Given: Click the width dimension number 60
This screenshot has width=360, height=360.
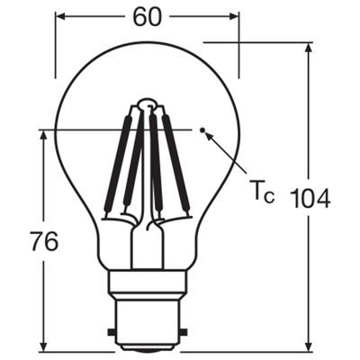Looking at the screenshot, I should coord(148,16).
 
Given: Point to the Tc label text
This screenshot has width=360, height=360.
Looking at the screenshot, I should coord(260,191).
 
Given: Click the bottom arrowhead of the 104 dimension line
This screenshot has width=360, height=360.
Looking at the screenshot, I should coord(310,349).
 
